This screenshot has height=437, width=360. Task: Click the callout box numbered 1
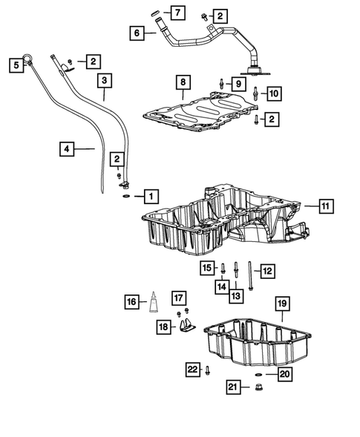pos(151,197)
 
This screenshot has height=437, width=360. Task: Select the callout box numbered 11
pos(327,206)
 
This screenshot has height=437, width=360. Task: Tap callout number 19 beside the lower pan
pos(282,304)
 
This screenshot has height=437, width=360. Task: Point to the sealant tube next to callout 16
pos(154,303)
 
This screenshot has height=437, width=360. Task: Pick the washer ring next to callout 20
pos(258,375)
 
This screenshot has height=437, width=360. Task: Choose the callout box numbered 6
pos(137,33)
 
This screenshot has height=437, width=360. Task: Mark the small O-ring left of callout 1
pos(128,197)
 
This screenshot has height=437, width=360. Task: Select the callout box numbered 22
pos(193,369)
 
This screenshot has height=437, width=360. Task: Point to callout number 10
pos(274,93)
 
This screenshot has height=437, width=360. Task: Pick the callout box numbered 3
pos(104,79)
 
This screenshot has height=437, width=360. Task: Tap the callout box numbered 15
pos(207,267)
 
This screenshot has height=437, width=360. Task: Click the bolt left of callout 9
pos(221,83)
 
